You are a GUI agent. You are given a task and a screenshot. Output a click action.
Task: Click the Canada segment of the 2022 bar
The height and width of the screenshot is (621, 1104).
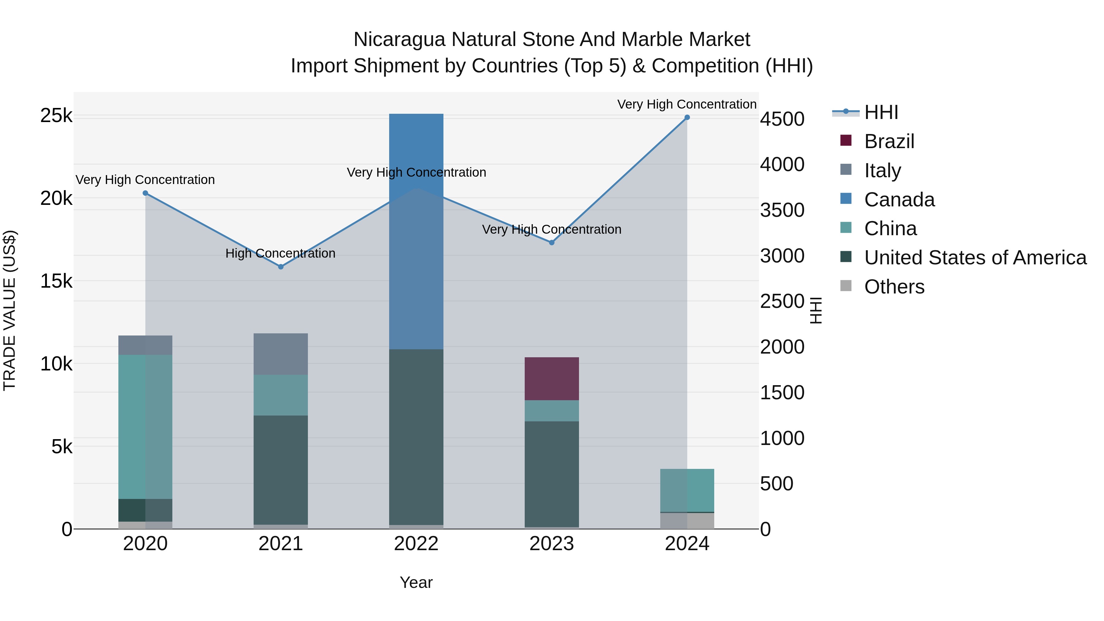pyautogui.click(x=416, y=232)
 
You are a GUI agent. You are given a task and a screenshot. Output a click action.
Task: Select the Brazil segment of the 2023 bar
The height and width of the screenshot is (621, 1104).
pyautogui.click(x=552, y=378)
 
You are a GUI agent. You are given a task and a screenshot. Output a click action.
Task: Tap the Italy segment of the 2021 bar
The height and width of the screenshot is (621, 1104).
pyautogui.click(x=281, y=354)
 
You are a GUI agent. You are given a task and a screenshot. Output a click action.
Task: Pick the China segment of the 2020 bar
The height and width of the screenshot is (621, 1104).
pyautogui.click(x=145, y=427)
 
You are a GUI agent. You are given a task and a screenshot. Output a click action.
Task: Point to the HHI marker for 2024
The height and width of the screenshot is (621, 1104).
pyautogui.click(x=687, y=117)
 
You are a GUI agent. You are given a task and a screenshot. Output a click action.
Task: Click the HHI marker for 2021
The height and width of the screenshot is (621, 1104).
pyautogui.click(x=281, y=266)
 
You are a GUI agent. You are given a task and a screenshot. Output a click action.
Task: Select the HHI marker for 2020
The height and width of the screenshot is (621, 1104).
pyautogui.click(x=145, y=193)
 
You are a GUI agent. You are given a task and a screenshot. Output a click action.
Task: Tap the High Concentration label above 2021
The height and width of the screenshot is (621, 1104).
pyautogui.click(x=280, y=253)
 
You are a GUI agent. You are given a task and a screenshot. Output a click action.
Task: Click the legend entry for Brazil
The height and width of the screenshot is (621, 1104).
pyautogui.click(x=889, y=141)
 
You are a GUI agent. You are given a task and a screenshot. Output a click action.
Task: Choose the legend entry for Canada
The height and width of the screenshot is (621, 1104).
pyautogui.click(x=899, y=200)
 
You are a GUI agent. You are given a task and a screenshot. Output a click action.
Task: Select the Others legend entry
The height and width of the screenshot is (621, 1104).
pyautogui.click(x=894, y=287)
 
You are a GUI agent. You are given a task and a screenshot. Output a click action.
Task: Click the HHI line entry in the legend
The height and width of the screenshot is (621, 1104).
pyautogui.click(x=881, y=112)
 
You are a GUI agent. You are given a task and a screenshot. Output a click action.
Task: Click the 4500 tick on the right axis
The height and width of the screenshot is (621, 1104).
pyautogui.click(x=782, y=119)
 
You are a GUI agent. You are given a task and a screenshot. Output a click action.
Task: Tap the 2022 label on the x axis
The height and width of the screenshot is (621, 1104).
pyautogui.click(x=416, y=544)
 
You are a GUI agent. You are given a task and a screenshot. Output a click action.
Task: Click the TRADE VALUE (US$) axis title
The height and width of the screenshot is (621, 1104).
pyautogui.click(x=10, y=310)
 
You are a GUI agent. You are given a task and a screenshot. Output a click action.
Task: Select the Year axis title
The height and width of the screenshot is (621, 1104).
pyautogui.click(x=416, y=582)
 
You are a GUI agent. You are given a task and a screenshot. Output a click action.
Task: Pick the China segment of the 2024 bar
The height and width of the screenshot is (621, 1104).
pyautogui.click(x=687, y=490)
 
